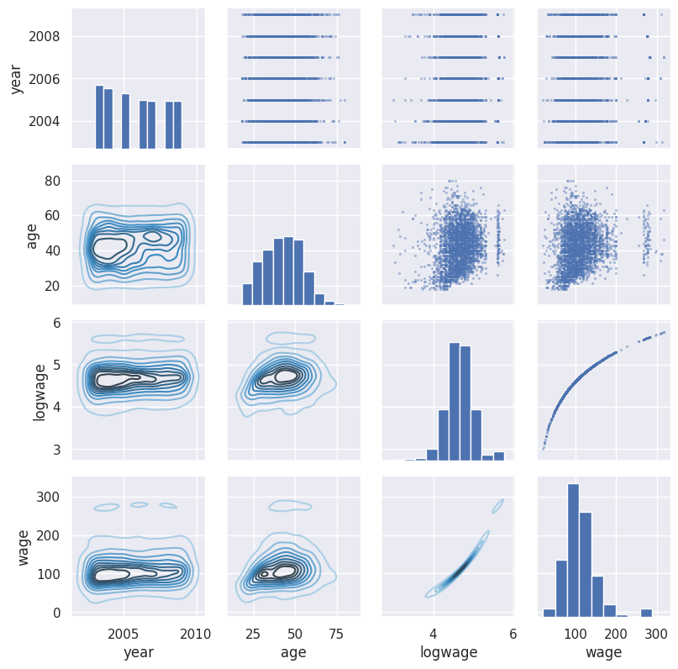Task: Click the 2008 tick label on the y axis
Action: [x=44, y=37]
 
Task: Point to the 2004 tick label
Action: [x=44, y=122]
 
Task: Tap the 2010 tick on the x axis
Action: [x=196, y=634]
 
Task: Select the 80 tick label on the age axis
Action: [x=52, y=181]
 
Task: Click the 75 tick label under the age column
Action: [x=336, y=634]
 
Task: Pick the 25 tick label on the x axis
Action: [x=253, y=634]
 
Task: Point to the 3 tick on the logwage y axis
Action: [x=56, y=450]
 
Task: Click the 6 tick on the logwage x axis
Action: [x=512, y=634]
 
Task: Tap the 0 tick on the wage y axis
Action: [x=56, y=613]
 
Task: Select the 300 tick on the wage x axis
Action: [x=656, y=634]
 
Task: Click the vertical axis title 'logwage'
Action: [x=39, y=392]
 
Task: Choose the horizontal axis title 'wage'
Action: [x=603, y=651]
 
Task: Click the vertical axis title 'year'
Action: [x=16, y=79]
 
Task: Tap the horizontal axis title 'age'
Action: [x=293, y=651]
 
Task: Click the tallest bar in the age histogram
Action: [x=288, y=271]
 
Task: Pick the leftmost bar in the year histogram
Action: [x=99, y=117]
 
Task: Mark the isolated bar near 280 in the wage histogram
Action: [x=646, y=613]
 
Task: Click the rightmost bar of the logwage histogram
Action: [x=498, y=456]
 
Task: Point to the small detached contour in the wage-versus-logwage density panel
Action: [x=497, y=506]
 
